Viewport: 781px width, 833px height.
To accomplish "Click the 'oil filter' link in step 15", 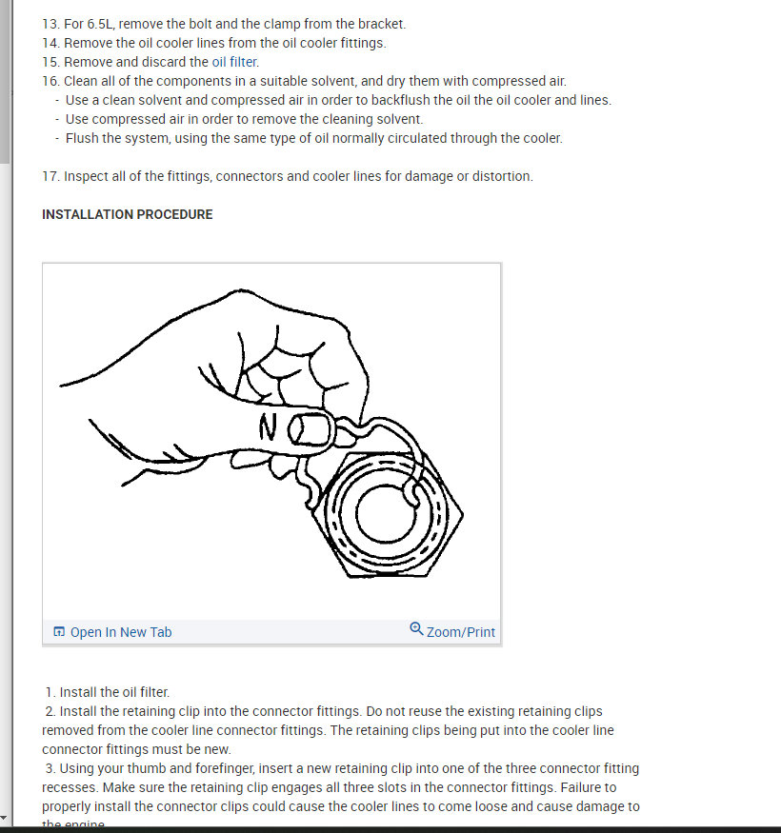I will (x=234, y=62).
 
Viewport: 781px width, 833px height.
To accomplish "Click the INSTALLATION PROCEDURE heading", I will (x=127, y=214).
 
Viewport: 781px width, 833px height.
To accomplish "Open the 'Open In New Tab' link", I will (x=121, y=632).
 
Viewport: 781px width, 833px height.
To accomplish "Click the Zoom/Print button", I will (x=460, y=632).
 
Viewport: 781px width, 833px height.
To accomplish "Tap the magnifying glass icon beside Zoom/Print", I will (x=416, y=629).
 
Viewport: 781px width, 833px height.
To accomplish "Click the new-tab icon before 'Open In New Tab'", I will (x=59, y=632).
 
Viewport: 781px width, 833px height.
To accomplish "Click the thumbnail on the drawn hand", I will (x=309, y=429).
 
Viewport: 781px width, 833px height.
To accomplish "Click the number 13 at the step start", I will (x=50, y=24).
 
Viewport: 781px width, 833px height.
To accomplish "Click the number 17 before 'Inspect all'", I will (x=50, y=176).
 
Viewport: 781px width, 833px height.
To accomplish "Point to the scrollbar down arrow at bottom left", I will (x=6, y=819).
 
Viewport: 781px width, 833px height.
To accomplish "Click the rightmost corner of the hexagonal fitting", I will (x=463, y=515).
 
